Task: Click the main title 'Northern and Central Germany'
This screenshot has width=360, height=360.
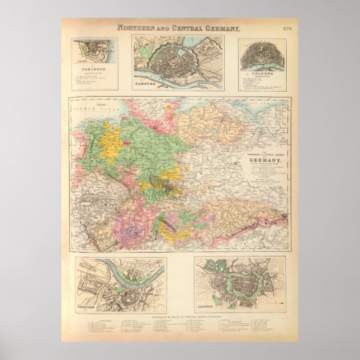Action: [178, 28]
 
